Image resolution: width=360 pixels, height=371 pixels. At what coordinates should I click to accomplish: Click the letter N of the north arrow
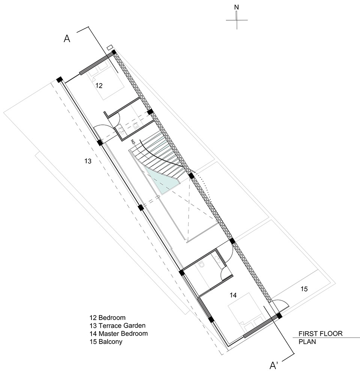click(x=236, y=7)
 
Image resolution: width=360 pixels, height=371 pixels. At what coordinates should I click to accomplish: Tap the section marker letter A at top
click(x=67, y=38)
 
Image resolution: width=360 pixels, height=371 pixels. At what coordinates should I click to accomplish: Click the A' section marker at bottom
click(x=273, y=365)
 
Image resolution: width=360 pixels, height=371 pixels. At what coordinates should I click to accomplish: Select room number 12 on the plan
click(x=99, y=85)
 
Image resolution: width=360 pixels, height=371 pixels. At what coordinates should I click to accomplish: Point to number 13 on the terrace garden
click(x=88, y=161)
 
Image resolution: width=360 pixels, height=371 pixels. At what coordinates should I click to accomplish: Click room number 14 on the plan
click(x=233, y=295)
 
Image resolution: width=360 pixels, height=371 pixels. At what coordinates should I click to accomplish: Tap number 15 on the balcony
click(x=304, y=289)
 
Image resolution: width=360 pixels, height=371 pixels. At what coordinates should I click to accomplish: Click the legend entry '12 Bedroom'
click(x=108, y=317)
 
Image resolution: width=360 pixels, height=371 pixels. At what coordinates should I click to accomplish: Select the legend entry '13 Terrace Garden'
click(x=117, y=326)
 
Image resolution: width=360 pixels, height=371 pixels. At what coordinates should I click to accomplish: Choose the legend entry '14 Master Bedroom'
click(x=118, y=334)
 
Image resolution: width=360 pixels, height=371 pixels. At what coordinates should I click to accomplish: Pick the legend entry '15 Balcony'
click(x=106, y=342)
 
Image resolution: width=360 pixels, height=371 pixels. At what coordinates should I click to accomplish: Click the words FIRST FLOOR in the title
click(x=321, y=334)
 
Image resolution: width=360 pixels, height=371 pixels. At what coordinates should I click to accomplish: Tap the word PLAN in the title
click(x=307, y=342)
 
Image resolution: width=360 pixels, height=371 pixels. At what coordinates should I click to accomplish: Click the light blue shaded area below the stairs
click(x=161, y=181)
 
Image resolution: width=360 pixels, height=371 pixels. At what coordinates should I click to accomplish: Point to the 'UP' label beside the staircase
click(x=133, y=142)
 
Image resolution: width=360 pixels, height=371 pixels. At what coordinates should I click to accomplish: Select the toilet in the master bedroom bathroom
click(x=201, y=265)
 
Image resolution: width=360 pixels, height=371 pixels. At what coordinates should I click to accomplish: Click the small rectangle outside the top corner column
click(x=109, y=48)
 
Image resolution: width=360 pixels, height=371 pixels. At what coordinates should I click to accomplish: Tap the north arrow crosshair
click(x=237, y=20)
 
